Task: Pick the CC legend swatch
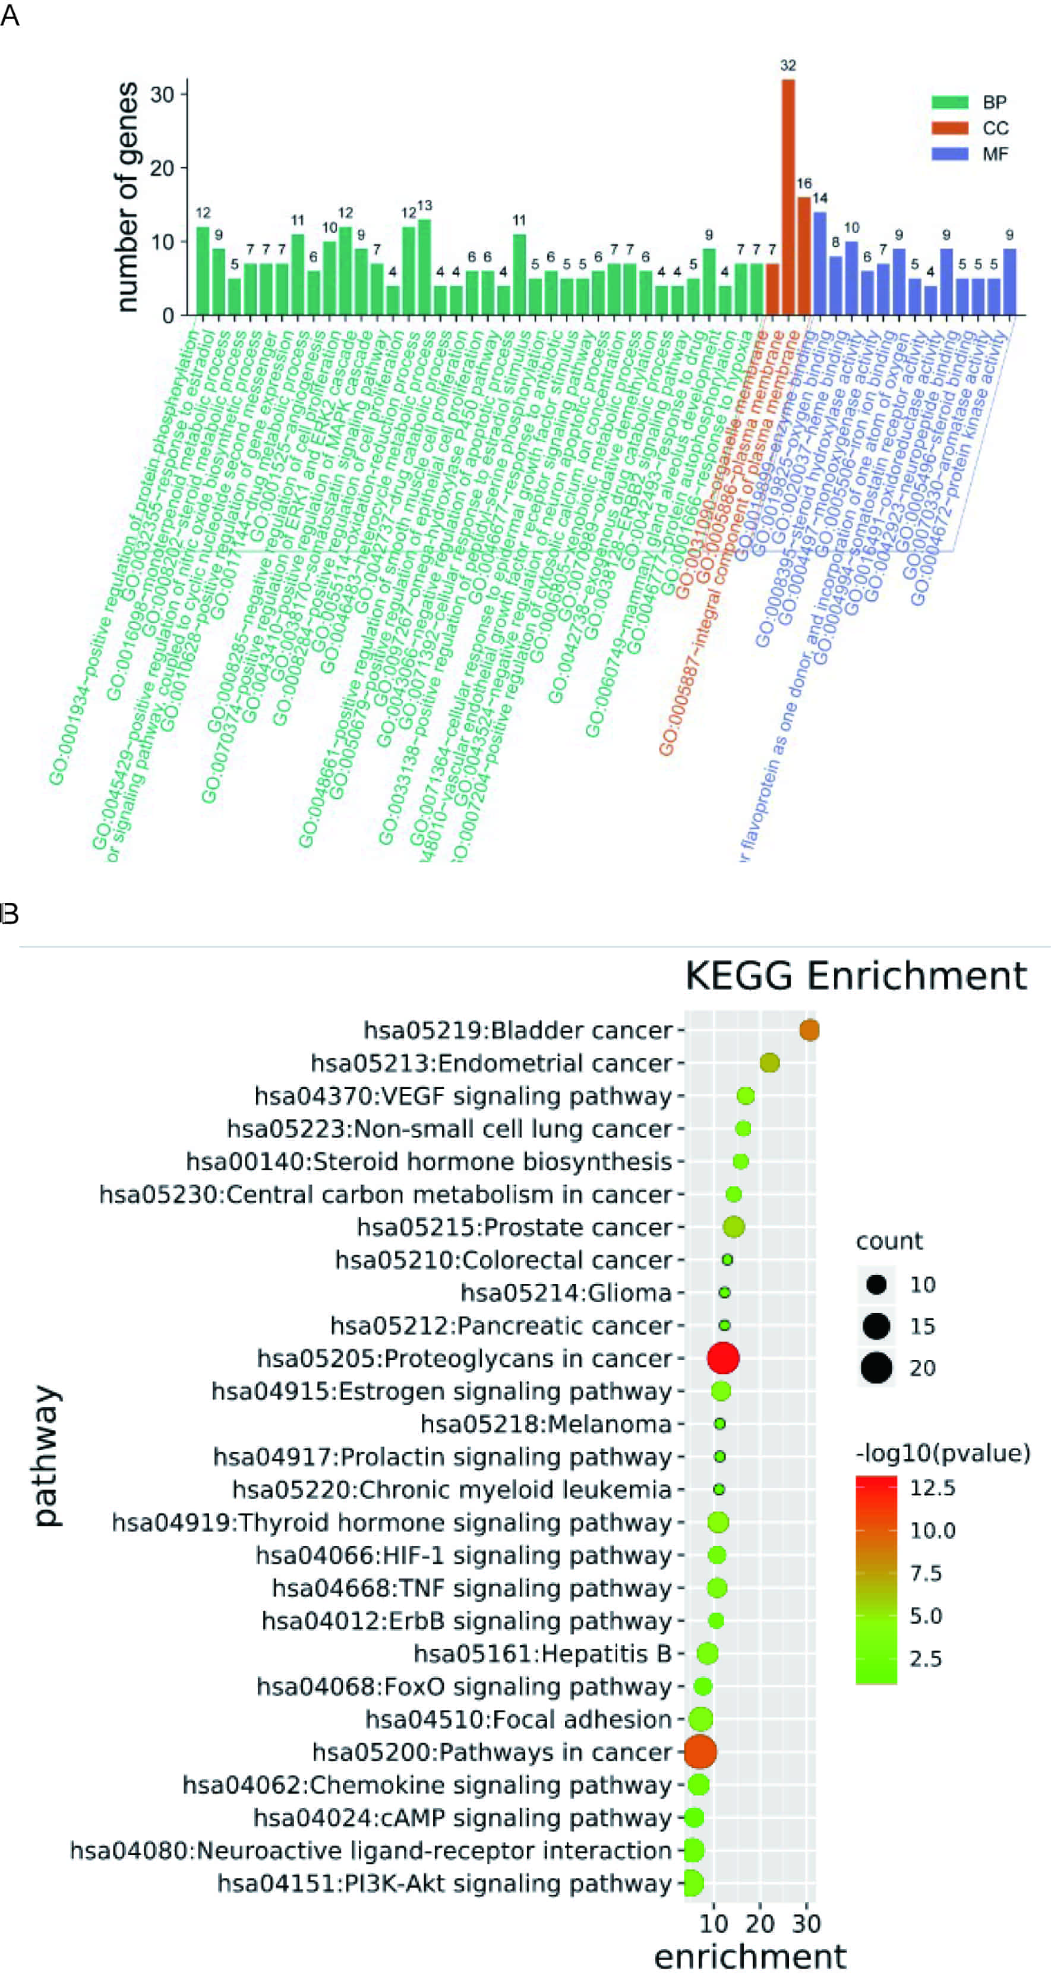(x=949, y=127)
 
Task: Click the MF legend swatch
(x=949, y=153)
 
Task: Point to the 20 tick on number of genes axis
(x=162, y=168)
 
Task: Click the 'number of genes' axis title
(x=127, y=197)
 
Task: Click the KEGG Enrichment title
(x=855, y=976)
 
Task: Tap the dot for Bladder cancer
(x=809, y=1029)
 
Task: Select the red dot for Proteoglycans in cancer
(x=722, y=1357)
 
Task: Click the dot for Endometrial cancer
(x=769, y=1063)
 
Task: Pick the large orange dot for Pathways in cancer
(x=699, y=1752)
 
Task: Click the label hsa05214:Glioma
(x=566, y=1292)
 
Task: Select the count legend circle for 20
(x=876, y=1368)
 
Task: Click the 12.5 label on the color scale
(x=932, y=1488)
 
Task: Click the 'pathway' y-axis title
(x=46, y=1455)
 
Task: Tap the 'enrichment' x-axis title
(x=750, y=1956)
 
